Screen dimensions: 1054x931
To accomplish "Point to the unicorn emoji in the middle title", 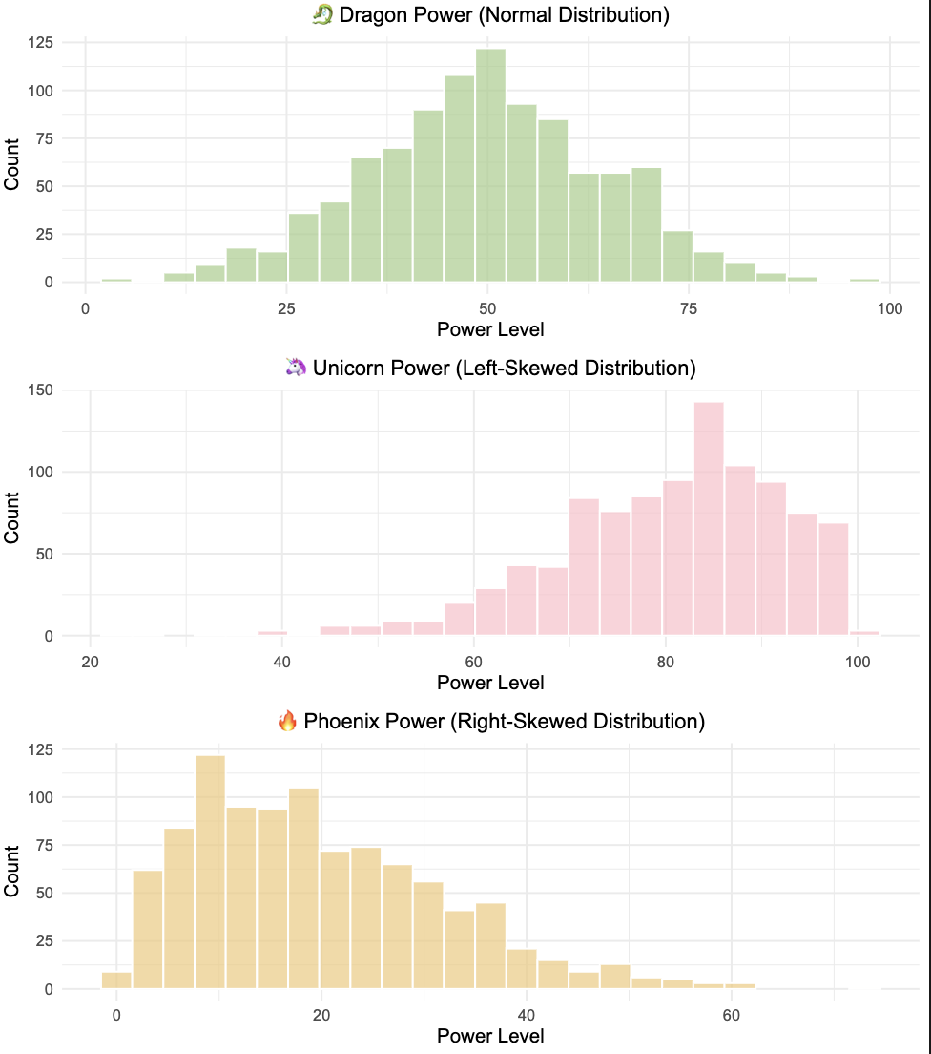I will [x=295, y=368].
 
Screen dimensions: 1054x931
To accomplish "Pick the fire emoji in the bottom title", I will [x=287, y=721].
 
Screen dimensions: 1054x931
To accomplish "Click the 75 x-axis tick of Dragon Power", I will [x=690, y=308].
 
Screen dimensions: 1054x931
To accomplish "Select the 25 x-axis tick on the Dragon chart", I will [x=286, y=308].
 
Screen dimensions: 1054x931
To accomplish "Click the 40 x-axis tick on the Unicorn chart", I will [x=281, y=662].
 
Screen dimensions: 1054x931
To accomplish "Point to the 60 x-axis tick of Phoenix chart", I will [x=730, y=1015].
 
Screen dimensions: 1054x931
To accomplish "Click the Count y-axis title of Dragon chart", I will [x=12, y=163].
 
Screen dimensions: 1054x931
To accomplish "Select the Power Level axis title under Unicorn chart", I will [x=490, y=683].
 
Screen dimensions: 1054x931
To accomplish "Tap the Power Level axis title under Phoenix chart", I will [x=490, y=1036].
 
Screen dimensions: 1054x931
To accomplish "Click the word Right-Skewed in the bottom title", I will [x=513, y=721].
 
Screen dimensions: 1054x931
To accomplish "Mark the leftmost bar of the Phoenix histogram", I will [x=116, y=980].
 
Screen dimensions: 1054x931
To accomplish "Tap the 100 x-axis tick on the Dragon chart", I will [x=890, y=308].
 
